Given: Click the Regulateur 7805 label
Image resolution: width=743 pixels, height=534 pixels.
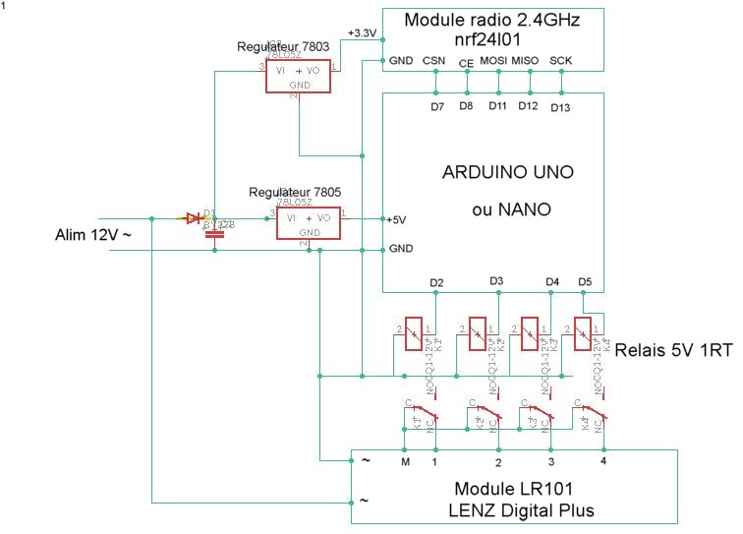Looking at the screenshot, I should [295, 193].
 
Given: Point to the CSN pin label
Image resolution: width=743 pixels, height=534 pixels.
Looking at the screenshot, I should [433, 61].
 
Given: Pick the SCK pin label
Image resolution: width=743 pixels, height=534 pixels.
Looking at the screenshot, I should [560, 61].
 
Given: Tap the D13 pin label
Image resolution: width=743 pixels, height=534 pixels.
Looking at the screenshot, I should [560, 106].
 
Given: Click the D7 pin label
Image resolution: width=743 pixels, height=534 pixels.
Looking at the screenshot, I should [437, 106].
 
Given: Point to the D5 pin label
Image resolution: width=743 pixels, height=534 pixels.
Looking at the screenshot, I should [585, 283].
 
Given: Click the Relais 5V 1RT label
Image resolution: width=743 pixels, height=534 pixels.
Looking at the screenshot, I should [674, 349].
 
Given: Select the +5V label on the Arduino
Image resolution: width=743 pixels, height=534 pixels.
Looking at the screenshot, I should [396, 218].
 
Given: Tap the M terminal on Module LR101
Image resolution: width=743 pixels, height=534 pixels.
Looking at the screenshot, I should [405, 460].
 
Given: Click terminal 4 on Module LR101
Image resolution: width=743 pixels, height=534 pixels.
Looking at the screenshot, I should [604, 460].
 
